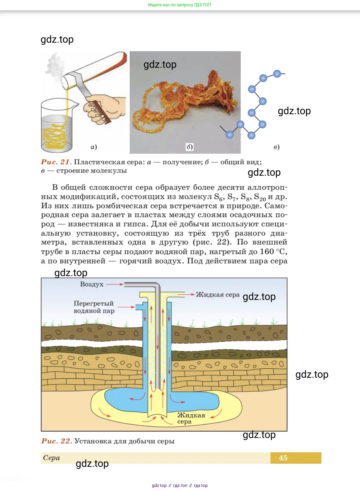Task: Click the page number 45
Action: pos(283,458)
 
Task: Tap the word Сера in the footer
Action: pos(51,458)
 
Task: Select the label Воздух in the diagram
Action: pos(92,284)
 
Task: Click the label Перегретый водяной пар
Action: pos(94,307)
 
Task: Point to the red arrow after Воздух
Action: pos(115,284)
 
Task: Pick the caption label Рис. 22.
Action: pos(56,441)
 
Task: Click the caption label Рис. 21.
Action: pos(56,162)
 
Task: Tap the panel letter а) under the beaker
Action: pos(94,147)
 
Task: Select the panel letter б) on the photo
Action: pos(190,147)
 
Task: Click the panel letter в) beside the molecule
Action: pos(276,147)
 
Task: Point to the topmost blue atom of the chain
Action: pos(277,74)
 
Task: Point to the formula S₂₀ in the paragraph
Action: pos(260,197)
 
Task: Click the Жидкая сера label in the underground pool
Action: pos(191,418)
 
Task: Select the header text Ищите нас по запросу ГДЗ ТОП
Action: pos(180,5)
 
